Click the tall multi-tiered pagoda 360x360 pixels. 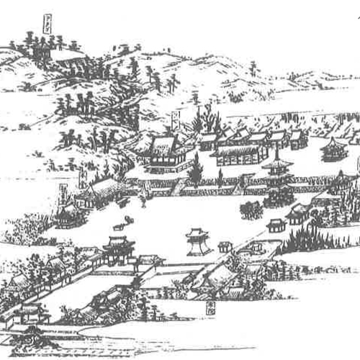pos(277,173)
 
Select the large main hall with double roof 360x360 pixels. pos(163,155)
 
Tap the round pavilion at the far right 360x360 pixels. pos(333,149)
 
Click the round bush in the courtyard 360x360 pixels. pos(251,209)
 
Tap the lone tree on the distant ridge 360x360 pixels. pos(253,68)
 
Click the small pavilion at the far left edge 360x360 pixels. pos(68,215)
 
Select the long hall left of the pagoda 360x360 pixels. pos(241,153)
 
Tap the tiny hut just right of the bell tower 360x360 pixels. pos(225,246)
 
